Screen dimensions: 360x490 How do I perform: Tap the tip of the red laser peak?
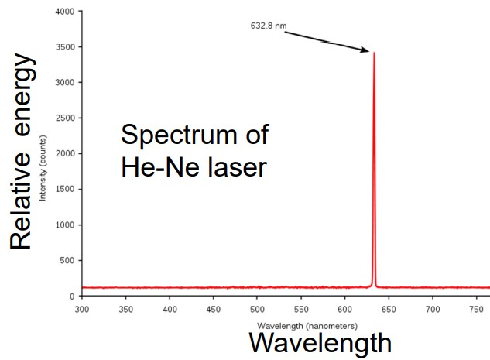pyautogui.click(x=374, y=53)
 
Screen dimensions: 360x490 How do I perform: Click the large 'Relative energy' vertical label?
pyautogui.click(x=22, y=152)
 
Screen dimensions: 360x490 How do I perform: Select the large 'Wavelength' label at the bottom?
pyautogui.click(x=320, y=344)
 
